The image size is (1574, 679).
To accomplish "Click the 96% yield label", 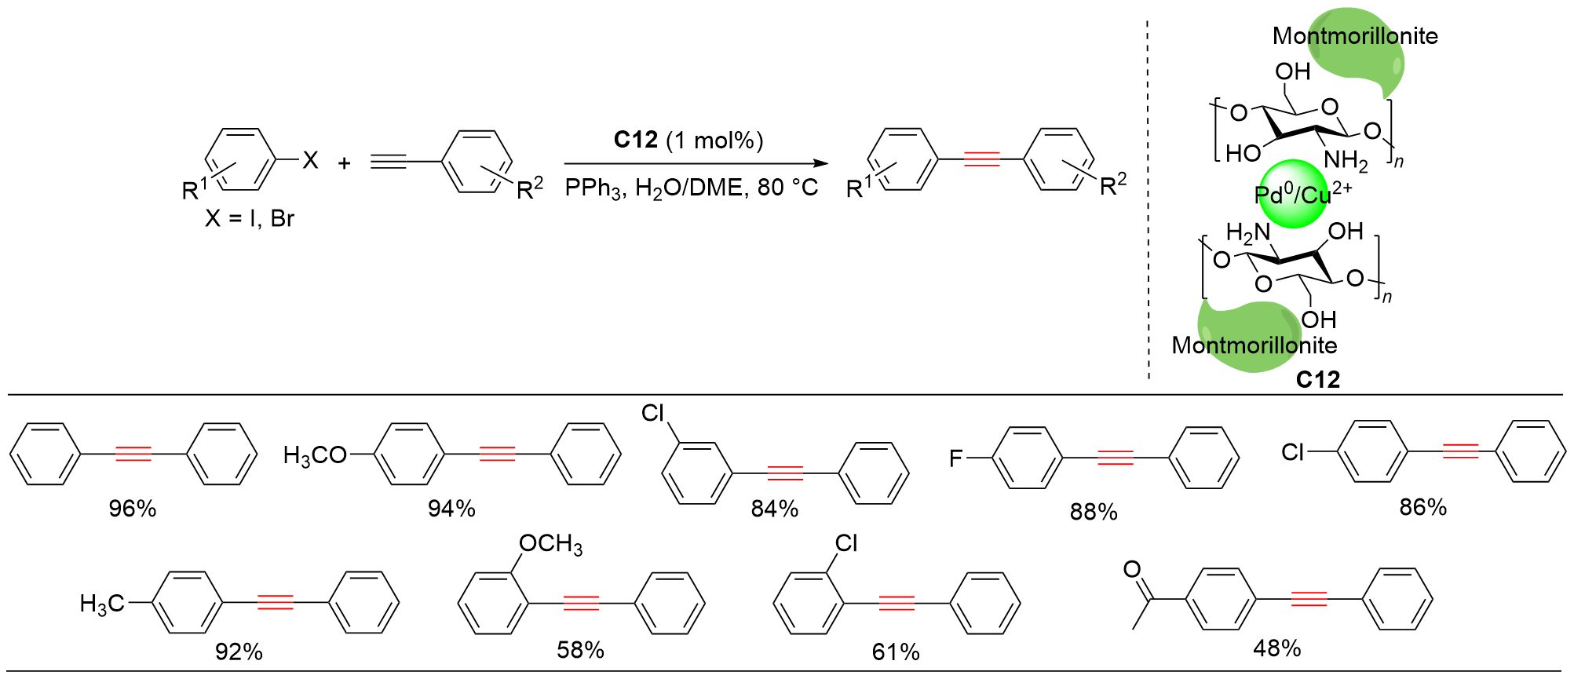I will click(133, 509).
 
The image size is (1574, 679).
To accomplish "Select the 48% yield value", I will click(1277, 648).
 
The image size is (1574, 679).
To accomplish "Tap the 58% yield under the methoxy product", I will click(580, 650).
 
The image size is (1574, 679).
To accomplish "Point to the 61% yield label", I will click(896, 652).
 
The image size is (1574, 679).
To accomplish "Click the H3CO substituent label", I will click(315, 455).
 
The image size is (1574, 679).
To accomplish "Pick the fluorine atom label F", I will click(955, 458).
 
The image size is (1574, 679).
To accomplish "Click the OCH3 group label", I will click(551, 544).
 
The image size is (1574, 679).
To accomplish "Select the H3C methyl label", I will click(102, 604).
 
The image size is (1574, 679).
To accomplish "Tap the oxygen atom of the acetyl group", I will click(1132, 569).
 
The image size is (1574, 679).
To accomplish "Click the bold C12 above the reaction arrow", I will click(635, 140).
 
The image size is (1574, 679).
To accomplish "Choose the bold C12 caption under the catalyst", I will click(1317, 380).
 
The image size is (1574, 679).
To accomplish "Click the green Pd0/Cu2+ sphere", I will click(1291, 195).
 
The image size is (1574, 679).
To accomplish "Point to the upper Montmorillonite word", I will click(1355, 36).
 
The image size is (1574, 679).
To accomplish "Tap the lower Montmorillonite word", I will click(1254, 345).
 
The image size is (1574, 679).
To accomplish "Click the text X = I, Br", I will click(250, 218).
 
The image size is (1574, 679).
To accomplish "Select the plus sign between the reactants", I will click(344, 163).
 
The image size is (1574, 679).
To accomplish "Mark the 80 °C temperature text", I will click(787, 188).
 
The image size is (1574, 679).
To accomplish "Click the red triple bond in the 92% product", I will click(276, 603).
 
